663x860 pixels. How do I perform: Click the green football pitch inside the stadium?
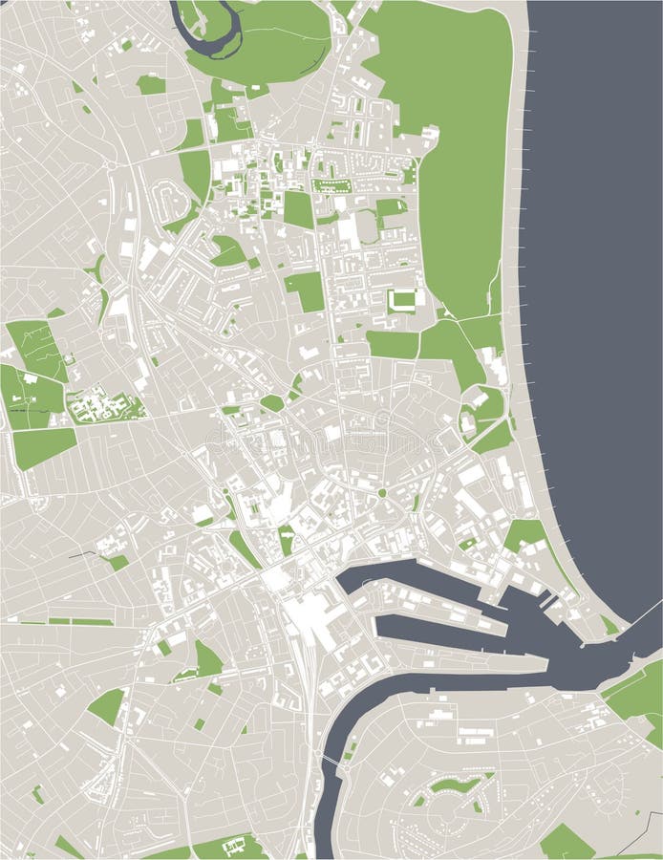tap(402, 300)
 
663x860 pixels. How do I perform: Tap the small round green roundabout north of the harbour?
tap(382, 493)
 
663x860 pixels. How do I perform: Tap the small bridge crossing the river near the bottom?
tap(331, 760)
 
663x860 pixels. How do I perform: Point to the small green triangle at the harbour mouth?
tap(609, 625)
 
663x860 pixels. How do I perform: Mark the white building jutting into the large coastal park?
tap(429, 136)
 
